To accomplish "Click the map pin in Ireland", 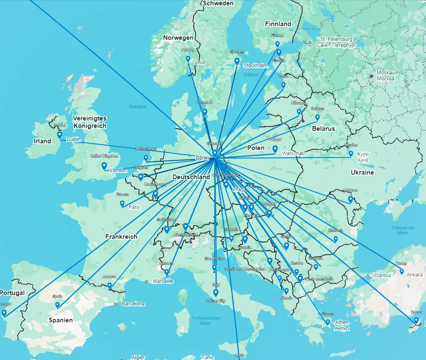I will [60, 135].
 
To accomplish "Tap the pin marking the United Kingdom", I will [104, 166].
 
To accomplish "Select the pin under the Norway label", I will [188, 59].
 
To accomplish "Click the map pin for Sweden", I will [237, 61].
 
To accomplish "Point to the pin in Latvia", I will [283, 85].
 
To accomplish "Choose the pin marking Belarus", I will [317, 117].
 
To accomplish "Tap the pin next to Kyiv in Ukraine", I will [351, 154].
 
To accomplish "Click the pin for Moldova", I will [350, 199].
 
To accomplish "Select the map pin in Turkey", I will [402, 272].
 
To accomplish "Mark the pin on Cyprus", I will [416, 320].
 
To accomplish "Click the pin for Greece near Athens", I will [327, 322].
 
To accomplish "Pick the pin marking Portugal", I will [4, 313].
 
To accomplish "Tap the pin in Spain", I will [58, 305].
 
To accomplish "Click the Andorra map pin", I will [109, 285].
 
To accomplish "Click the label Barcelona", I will [133, 304].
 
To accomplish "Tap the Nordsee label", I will [138, 107].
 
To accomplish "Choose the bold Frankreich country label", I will [121, 237].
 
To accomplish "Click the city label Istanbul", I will [382, 275].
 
